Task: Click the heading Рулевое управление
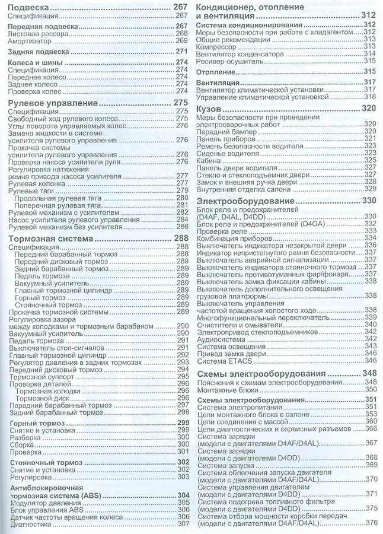point(52,103)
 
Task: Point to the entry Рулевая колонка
point(36,183)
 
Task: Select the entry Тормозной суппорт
point(40,377)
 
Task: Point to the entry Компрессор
point(216,46)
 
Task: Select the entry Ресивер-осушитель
point(228,61)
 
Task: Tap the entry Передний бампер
point(224,132)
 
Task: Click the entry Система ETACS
point(223,360)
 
